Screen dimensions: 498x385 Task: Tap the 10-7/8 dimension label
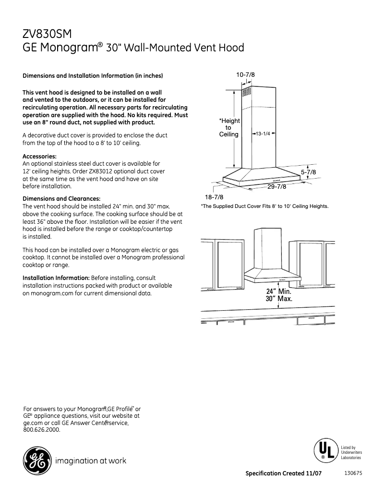click(x=245, y=74)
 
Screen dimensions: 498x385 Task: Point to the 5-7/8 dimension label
click(x=308, y=171)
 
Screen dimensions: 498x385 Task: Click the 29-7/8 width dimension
click(x=277, y=186)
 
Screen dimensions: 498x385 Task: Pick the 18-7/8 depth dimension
click(x=214, y=197)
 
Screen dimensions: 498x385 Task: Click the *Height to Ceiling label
click(x=229, y=127)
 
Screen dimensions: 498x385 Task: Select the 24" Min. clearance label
click(x=279, y=292)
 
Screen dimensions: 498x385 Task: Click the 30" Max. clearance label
click(x=279, y=299)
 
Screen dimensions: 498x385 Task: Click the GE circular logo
click(x=36, y=461)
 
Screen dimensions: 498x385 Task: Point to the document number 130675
click(x=353, y=473)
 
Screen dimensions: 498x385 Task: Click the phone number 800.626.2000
click(x=42, y=429)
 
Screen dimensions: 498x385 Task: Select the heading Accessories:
click(x=40, y=156)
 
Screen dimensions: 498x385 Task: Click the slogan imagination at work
click(x=91, y=461)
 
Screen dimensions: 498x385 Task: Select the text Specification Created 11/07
click(x=283, y=474)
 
